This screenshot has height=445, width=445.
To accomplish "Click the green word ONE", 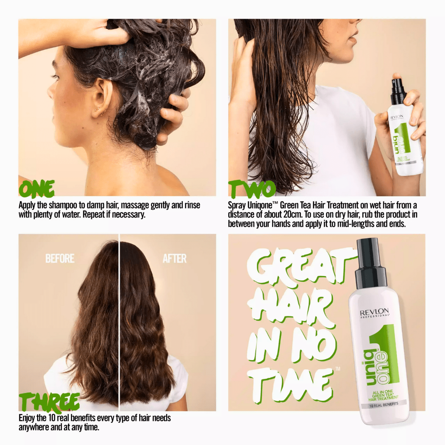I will click(x=37, y=189).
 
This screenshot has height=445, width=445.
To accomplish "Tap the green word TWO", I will click(x=252, y=190).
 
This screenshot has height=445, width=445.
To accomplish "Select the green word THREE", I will click(x=49, y=402).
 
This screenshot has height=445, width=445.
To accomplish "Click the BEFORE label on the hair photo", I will click(x=60, y=259).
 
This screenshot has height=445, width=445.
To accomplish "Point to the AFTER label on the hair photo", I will click(x=174, y=259).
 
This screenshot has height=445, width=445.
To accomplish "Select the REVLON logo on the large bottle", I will click(x=374, y=311).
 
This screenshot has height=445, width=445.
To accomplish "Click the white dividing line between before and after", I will click(x=119, y=321).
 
